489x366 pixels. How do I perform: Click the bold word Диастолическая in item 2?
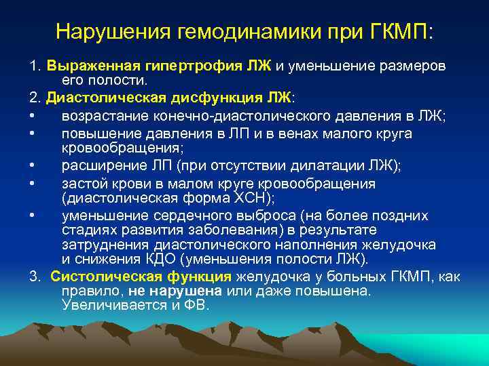pos(96,98)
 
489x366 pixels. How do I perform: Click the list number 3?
pos(35,277)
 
